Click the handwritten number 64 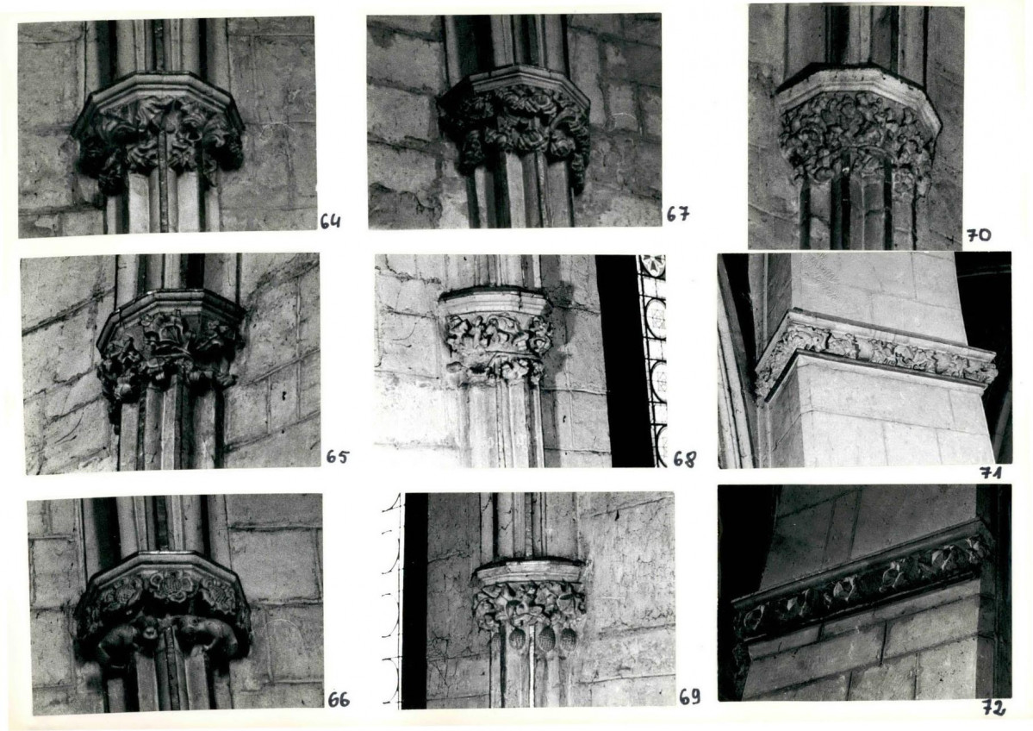[x=331, y=222]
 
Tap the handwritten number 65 [x=338, y=457]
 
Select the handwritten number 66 [x=339, y=699]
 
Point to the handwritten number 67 [x=677, y=214]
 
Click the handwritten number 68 [x=684, y=459]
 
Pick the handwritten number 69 [x=689, y=697]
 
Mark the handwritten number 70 [x=979, y=234]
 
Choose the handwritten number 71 [x=990, y=472]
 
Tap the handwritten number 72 [x=993, y=709]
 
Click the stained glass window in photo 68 [x=651, y=360]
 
